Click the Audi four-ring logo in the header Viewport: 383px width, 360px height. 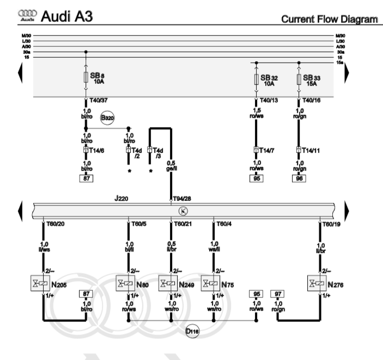[26, 17]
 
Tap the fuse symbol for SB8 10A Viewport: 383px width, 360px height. [86, 78]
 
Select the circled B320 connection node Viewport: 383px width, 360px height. [107, 118]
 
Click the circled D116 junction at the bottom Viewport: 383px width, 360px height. [192, 331]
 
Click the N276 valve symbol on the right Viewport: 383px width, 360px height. [319, 284]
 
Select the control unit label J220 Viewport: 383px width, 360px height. [121, 199]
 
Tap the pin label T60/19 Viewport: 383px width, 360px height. [331, 223]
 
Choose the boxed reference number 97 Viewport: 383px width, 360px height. [277, 294]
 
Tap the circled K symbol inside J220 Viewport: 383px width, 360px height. [183, 211]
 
